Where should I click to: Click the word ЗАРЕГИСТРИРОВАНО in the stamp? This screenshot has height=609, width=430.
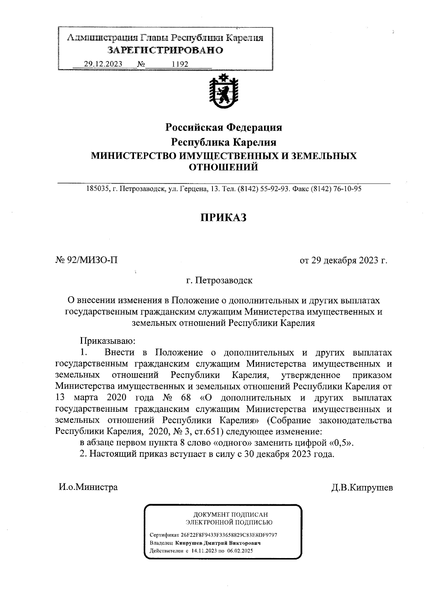click(166, 50)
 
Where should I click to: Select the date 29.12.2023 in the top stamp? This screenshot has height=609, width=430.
click(103, 64)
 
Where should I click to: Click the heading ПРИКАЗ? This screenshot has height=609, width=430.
click(223, 217)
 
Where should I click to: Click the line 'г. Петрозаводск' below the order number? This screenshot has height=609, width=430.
click(219, 280)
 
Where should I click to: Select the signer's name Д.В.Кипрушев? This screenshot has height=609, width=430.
click(362, 488)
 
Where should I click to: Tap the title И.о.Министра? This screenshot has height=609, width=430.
click(88, 487)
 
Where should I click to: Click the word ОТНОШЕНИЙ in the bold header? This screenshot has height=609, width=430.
click(223, 167)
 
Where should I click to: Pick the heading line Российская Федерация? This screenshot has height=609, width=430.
click(223, 127)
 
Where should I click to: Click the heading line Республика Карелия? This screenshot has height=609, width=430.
click(224, 142)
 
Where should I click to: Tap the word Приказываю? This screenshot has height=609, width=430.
click(107, 340)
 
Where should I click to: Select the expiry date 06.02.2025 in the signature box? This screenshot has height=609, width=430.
click(240, 551)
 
